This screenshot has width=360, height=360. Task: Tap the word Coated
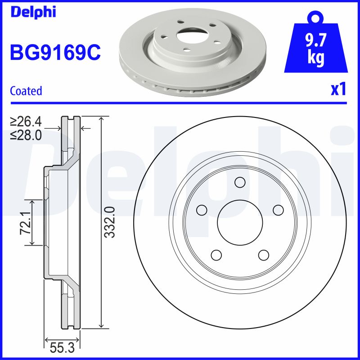click(26, 91)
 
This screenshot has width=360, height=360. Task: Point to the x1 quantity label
click(338, 90)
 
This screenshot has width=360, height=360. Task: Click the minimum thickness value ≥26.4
click(26, 121)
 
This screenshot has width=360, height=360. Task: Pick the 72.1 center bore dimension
click(25, 223)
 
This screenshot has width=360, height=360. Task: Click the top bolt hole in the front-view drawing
click(240, 182)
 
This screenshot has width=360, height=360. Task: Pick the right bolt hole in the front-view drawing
click(278, 210)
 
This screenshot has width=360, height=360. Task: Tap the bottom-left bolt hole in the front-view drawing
click(216, 255)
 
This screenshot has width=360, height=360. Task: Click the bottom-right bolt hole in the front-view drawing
click(263, 255)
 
